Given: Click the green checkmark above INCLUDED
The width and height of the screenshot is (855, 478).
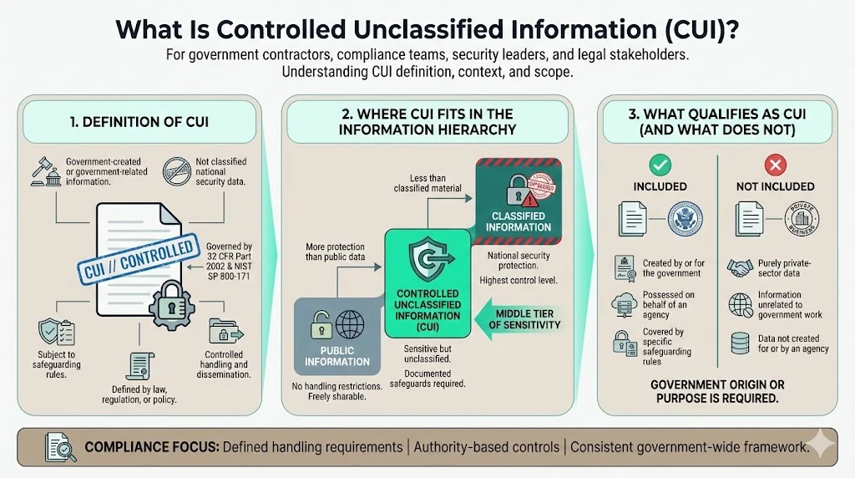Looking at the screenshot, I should (x=660, y=165).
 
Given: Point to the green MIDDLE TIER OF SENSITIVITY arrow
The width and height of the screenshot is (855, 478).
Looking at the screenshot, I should (x=525, y=318).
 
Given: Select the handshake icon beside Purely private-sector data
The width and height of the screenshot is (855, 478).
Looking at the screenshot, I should (x=740, y=267).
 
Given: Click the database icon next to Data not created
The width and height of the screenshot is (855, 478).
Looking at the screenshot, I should (x=740, y=343).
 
